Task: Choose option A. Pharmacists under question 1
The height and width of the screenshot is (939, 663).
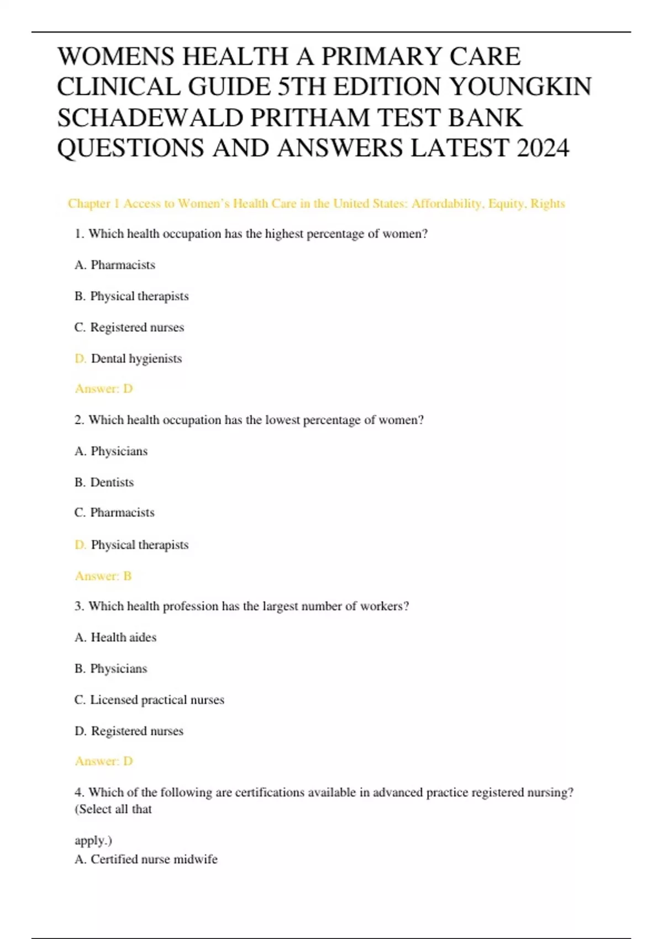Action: point(115,265)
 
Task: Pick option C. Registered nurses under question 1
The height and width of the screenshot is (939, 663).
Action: point(129,328)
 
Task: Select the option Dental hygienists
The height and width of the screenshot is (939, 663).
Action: point(136,358)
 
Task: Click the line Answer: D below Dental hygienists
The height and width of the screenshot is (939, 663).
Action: point(104,389)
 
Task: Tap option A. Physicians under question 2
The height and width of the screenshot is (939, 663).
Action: point(111,451)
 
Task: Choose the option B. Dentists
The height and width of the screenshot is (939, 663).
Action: point(104,482)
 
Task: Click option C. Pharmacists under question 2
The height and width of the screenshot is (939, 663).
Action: point(114,513)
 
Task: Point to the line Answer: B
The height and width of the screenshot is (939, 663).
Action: point(103,576)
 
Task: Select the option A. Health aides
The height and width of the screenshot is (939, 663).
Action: point(115,637)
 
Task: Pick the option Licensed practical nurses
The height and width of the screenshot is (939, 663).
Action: point(157,700)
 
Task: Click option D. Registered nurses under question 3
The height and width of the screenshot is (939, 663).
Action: point(129,731)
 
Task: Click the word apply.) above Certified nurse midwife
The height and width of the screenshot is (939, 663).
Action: point(93,841)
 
